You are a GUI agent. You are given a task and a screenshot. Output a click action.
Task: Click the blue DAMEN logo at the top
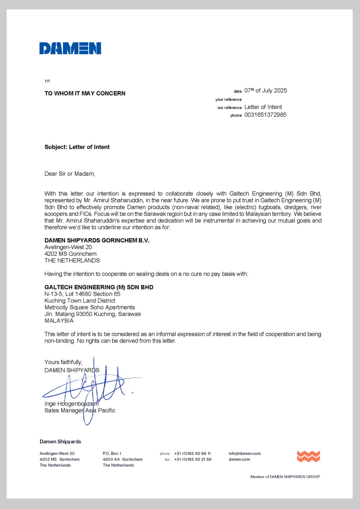tap(70, 48)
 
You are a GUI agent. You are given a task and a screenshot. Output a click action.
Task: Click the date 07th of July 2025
tap(265, 91)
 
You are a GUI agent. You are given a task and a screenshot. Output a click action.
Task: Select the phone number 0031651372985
tap(265, 115)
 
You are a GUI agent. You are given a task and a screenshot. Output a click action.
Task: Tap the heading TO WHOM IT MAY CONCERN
tap(85, 94)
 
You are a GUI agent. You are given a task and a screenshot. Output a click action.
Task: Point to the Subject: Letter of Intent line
tap(77, 147)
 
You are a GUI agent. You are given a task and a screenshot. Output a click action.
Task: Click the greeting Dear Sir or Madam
tap(70, 174)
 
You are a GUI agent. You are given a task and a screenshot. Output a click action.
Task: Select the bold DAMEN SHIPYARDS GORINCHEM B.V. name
tap(97, 241)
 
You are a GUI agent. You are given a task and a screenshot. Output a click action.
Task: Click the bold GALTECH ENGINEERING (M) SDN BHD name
tap(99, 287)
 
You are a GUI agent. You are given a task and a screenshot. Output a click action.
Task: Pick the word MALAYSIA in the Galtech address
tap(59, 321)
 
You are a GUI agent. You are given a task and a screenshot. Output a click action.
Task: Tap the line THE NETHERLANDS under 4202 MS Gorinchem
tap(72, 261)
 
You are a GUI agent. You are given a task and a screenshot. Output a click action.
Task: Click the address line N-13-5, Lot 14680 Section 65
tap(82, 294)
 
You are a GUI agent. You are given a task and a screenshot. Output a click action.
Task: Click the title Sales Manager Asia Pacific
tap(80, 410)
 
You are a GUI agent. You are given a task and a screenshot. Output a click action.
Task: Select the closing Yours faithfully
tap(63, 362)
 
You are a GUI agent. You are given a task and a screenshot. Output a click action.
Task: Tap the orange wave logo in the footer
tap(308, 456)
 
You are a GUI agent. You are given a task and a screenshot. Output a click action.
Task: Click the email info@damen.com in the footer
tap(244, 453)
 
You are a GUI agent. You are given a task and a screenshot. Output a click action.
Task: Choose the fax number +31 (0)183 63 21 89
tap(193, 459)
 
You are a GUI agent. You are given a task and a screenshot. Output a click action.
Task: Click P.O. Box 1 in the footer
tap(112, 453)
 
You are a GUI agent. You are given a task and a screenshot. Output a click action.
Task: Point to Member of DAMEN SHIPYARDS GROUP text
tap(285, 477)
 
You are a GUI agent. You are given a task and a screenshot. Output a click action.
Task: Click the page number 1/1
tap(47, 81)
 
